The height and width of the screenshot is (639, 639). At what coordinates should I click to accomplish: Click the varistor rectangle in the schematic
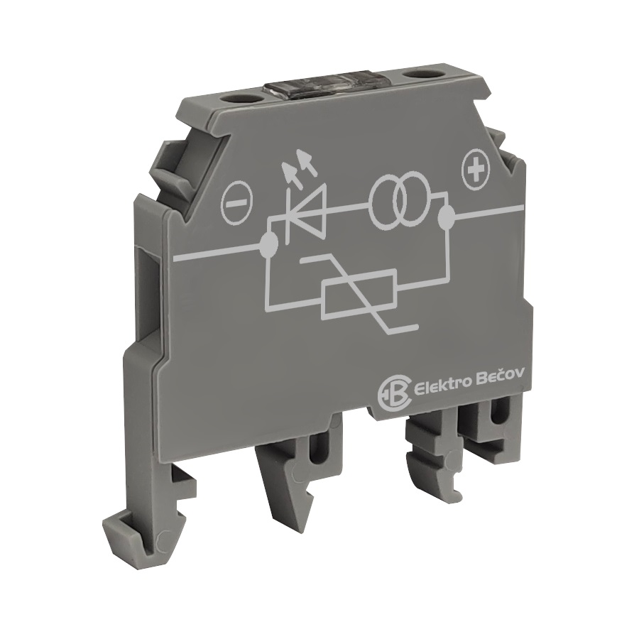[359, 293]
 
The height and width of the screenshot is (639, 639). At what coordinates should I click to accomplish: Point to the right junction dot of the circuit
[447, 218]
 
